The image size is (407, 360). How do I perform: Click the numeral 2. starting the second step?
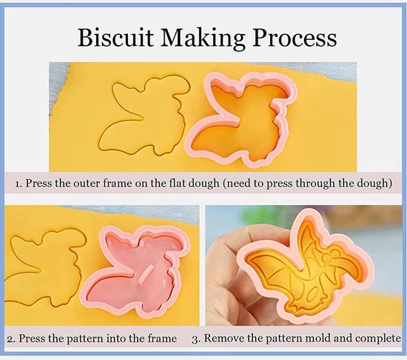(x=11, y=339)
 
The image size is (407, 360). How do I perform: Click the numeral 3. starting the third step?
(x=195, y=339)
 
